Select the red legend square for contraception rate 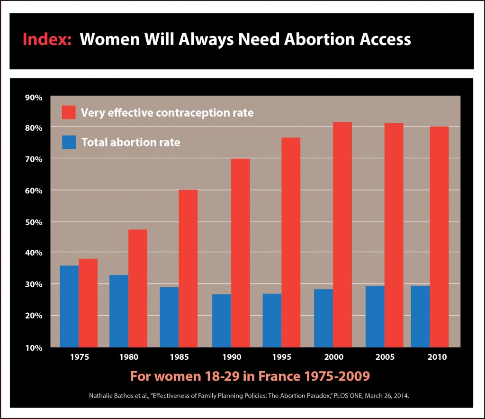pos(69,112)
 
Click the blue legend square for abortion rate pos(69,142)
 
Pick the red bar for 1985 pos(188,268)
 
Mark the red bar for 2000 pos(342,234)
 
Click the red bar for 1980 pos(138,288)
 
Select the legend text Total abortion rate pos(131,142)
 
